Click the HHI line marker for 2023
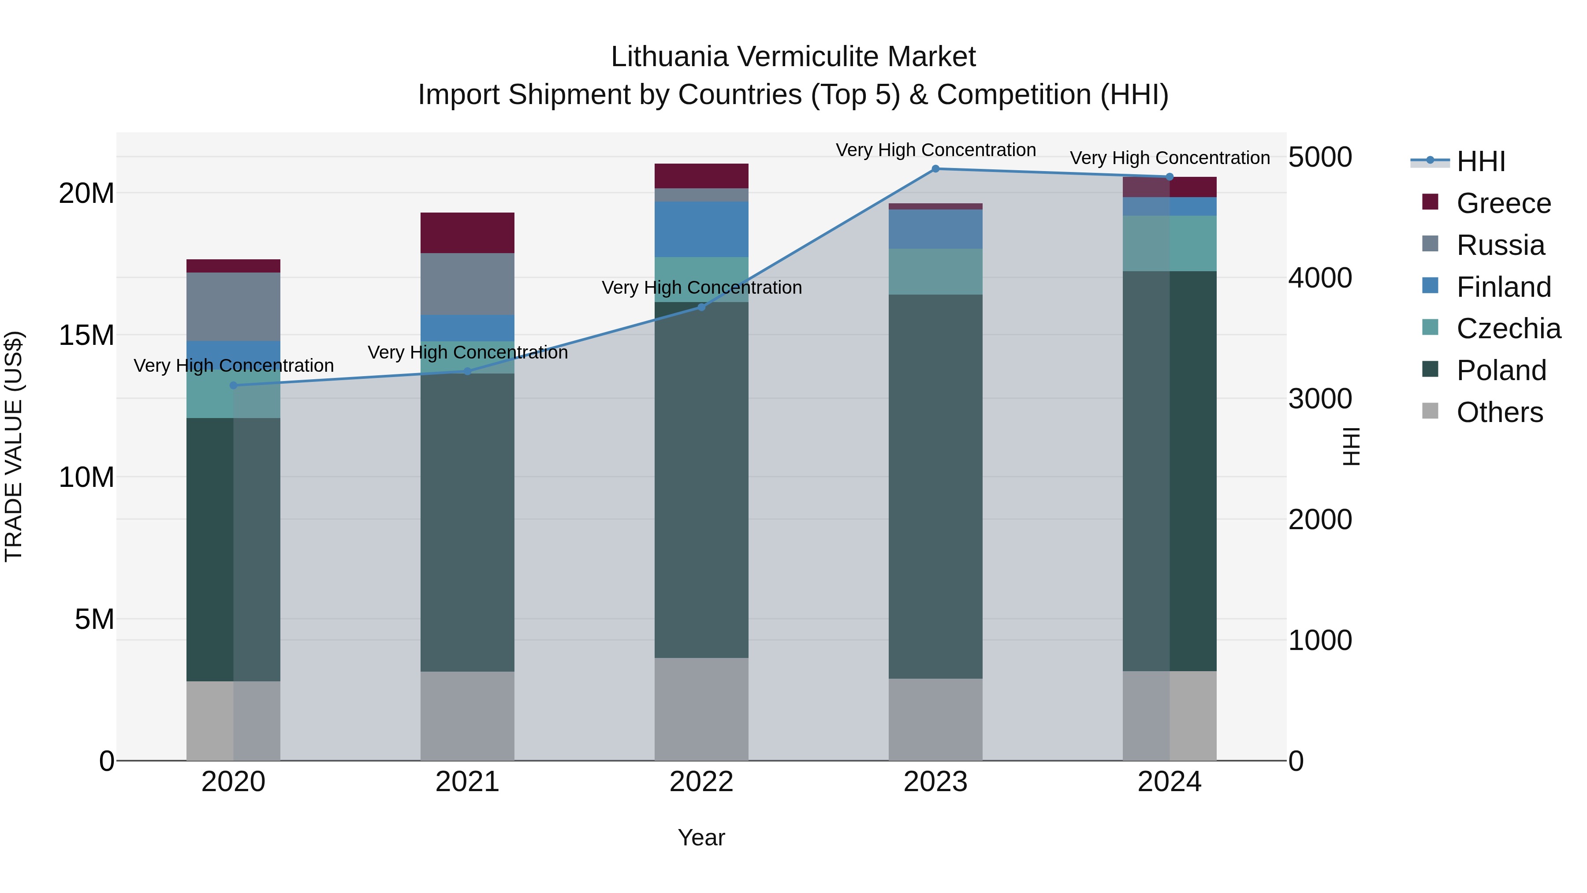(935, 168)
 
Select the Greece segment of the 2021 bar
(467, 232)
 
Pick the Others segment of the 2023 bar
(935, 719)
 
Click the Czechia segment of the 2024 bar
(1169, 243)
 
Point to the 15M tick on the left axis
(86, 335)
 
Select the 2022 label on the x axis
(701, 782)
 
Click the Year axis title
(701, 837)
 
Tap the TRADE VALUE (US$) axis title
(14, 446)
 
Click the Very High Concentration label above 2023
(935, 150)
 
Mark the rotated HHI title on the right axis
(1350, 446)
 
